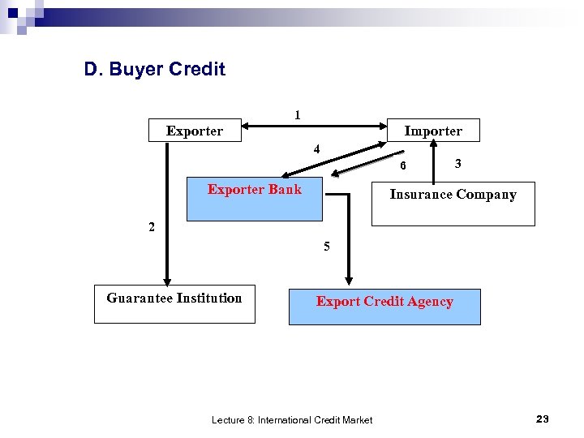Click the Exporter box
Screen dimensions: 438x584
[x=195, y=131]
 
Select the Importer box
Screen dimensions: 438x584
[x=433, y=131]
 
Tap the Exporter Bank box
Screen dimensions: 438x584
[x=254, y=198]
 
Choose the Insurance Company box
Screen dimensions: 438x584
[x=453, y=203]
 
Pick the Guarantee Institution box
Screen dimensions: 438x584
[x=174, y=303]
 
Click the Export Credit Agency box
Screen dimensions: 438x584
[x=384, y=306]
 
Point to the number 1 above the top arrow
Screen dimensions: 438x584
[x=298, y=115]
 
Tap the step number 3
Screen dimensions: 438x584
[x=458, y=164]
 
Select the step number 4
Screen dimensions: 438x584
[x=317, y=149]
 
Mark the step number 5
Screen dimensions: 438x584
[x=326, y=247]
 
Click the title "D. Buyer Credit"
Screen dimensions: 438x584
[x=154, y=70]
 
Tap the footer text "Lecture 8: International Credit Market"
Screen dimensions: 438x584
[x=292, y=419]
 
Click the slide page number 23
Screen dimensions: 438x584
[x=543, y=419]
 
